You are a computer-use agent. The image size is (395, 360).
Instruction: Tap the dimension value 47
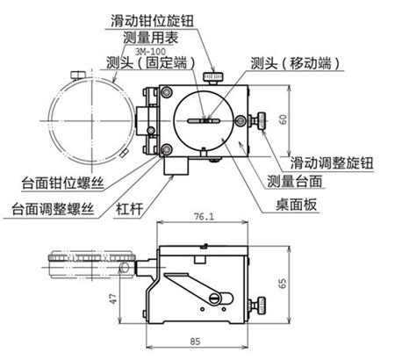112,299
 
